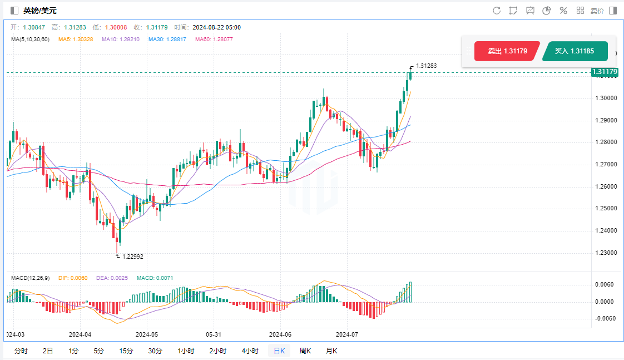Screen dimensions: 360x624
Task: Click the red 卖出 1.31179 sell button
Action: click(507, 51)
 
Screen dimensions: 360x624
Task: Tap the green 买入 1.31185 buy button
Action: click(575, 51)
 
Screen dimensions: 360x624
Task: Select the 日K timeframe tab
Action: click(279, 351)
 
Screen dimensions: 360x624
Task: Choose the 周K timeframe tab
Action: click(305, 351)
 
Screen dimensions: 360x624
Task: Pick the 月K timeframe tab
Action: click(331, 351)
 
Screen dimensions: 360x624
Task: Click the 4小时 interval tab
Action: click(250, 351)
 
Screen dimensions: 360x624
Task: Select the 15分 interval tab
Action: click(126, 351)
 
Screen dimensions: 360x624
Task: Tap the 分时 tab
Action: click(21, 351)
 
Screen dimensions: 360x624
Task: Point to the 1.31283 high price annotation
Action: click(426, 66)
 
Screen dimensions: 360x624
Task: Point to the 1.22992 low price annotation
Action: click(132, 257)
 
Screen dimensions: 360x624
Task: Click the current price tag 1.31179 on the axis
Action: click(605, 72)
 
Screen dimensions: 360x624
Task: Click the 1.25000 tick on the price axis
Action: click(605, 208)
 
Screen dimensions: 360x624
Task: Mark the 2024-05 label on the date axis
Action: click(147, 334)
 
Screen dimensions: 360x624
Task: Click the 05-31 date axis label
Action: click(214, 334)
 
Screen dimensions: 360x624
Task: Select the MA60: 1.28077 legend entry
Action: click(214, 40)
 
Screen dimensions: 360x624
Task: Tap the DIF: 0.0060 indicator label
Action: click(73, 278)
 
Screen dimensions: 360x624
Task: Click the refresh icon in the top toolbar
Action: click(497, 11)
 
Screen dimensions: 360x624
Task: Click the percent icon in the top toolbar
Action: click(563, 11)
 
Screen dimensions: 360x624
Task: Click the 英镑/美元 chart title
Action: click(39, 11)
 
